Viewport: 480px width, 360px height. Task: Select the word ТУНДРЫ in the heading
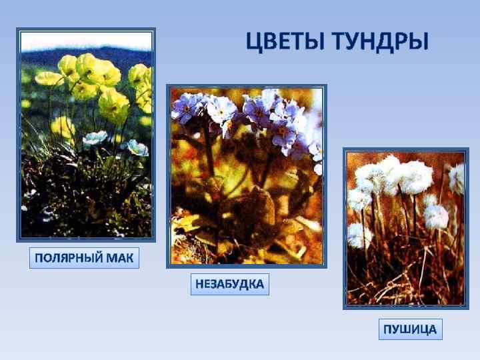click(x=379, y=41)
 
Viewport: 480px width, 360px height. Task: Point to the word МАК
click(x=123, y=258)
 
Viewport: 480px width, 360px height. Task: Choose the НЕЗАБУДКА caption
click(x=229, y=285)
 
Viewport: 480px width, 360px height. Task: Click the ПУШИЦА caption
click(x=410, y=329)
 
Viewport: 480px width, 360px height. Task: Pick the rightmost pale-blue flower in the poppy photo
click(x=138, y=147)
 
